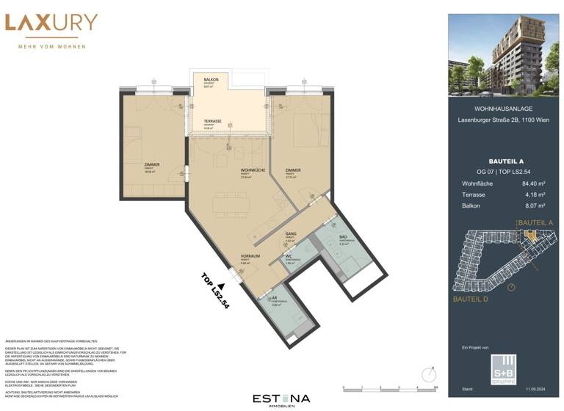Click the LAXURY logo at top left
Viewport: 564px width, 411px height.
tap(51, 23)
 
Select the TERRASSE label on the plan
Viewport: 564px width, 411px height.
tap(213, 121)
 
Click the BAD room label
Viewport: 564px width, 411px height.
tap(343, 236)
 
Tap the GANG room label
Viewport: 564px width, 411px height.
tap(291, 234)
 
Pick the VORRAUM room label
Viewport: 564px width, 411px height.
tap(247, 256)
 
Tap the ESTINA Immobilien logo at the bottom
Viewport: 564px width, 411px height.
tap(281, 400)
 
